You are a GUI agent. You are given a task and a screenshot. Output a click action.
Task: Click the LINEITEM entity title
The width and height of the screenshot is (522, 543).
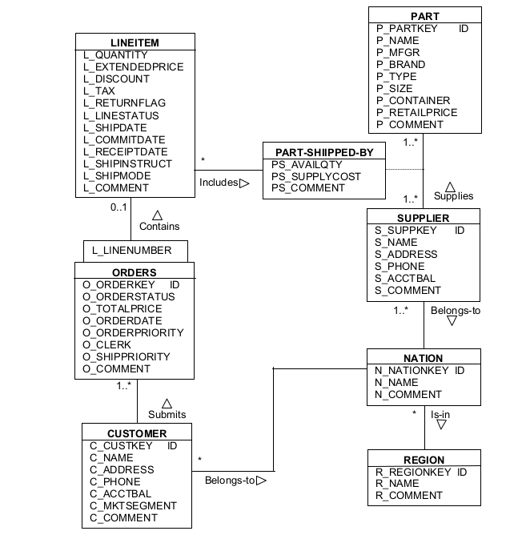[135, 42]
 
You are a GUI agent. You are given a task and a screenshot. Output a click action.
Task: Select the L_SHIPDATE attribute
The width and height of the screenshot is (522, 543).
[115, 127]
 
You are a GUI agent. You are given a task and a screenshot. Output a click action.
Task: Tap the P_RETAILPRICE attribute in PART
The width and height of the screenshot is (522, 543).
[416, 113]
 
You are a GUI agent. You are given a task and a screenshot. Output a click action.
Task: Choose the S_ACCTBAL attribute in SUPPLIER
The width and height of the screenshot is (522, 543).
[407, 279]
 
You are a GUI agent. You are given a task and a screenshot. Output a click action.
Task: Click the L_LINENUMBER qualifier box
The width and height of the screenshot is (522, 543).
[131, 251]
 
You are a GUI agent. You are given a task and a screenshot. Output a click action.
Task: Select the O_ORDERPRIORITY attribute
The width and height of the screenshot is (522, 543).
[133, 332]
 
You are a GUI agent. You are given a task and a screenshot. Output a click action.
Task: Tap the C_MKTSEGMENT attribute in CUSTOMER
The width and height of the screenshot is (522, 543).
[133, 506]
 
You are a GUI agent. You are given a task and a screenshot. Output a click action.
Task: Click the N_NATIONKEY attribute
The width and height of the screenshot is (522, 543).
[413, 371]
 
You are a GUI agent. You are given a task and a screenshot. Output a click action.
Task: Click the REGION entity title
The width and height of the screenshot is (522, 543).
[424, 460]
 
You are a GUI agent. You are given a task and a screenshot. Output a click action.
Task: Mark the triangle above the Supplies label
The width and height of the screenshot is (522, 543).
[450, 185]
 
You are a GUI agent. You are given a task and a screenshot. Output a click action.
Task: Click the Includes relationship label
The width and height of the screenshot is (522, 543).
[219, 183]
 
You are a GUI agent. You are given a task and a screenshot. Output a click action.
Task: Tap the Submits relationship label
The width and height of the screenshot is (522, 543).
[167, 414]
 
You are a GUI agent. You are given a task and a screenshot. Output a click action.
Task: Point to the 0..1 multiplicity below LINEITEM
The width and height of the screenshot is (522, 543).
[119, 207]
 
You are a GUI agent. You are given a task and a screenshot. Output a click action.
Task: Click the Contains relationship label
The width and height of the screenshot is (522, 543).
[159, 227]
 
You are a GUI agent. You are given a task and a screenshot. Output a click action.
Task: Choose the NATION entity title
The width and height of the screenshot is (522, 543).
[424, 358]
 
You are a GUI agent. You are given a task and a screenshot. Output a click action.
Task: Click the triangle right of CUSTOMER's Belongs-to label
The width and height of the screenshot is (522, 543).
[261, 481]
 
